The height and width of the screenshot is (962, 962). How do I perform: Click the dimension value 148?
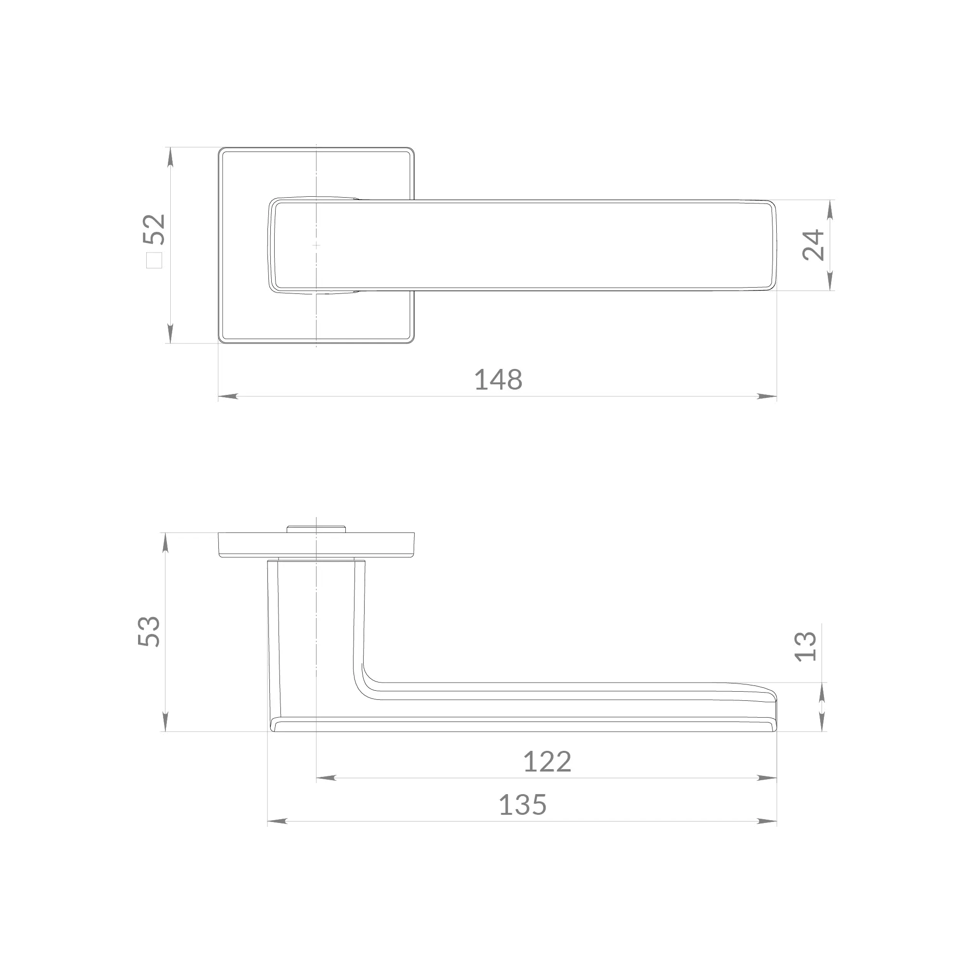[498, 380]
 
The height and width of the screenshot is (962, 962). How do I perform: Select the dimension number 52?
[154, 229]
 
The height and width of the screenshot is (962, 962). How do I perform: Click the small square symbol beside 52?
[154, 260]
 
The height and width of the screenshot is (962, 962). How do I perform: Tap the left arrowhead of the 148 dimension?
[228, 396]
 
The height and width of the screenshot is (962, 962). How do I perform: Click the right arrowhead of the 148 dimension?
[767, 396]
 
